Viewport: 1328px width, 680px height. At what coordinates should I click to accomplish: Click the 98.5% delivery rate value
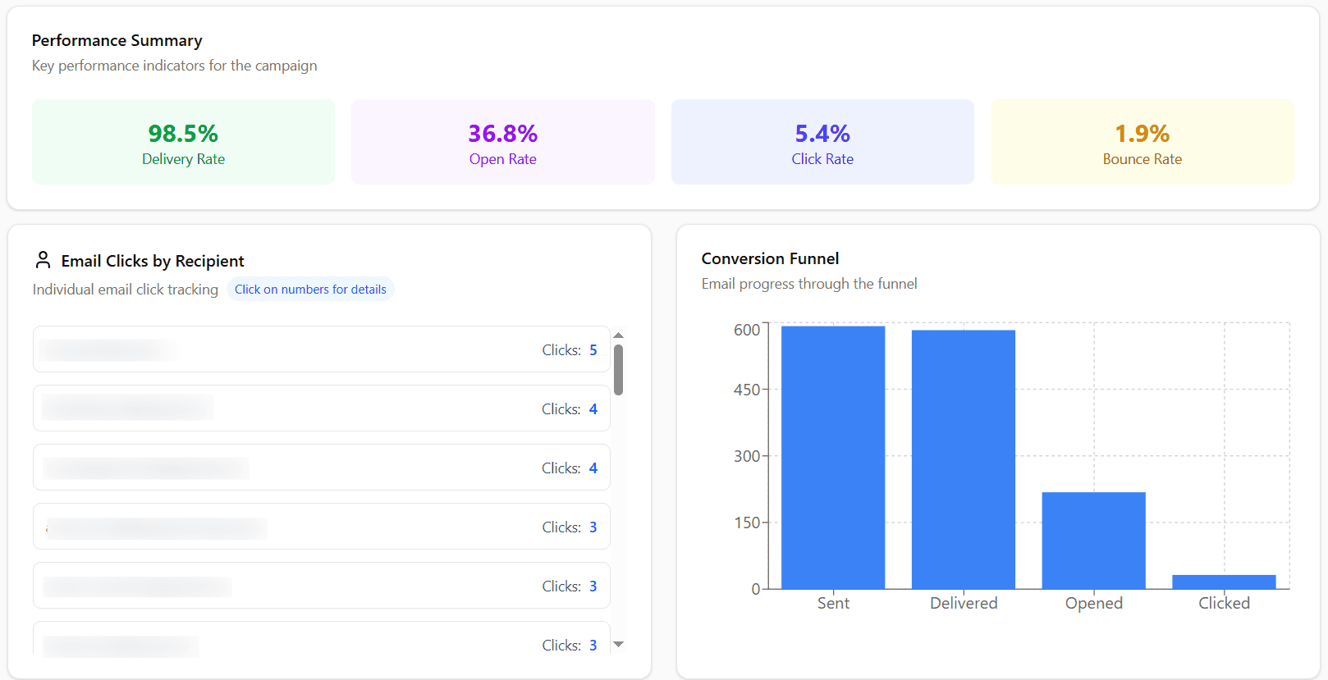(x=183, y=134)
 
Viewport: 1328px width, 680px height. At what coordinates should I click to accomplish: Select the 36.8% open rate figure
(x=502, y=134)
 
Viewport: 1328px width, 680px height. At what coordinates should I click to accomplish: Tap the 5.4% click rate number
(x=822, y=134)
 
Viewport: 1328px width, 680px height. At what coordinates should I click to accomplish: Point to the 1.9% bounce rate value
(x=1142, y=134)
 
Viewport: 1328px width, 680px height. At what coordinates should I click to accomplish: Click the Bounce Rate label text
(x=1142, y=159)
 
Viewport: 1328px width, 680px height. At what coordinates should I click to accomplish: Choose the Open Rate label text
(x=502, y=159)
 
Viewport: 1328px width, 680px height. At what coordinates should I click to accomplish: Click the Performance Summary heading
(x=117, y=40)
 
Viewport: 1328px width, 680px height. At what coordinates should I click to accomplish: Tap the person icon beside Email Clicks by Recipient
(x=44, y=260)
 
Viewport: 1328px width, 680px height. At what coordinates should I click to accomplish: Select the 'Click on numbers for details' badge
(x=310, y=290)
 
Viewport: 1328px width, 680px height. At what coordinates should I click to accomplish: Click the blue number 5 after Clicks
(x=593, y=350)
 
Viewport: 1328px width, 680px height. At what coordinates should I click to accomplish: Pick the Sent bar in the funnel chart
(x=833, y=457)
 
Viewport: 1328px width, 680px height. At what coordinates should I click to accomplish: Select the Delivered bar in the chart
(x=963, y=459)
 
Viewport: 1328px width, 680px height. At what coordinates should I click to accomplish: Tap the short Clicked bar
(x=1224, y=582)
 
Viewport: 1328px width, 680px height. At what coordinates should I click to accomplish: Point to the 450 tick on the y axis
(x=747, y=390)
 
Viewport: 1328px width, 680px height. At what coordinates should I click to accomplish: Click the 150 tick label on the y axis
(x=747, y=523)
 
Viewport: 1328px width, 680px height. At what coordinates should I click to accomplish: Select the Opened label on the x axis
(x=1093, y=603)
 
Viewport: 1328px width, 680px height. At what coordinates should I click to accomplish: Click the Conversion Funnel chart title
(x=770, y=258)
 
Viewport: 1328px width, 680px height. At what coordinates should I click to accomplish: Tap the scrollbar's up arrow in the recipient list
(x=619, y=335)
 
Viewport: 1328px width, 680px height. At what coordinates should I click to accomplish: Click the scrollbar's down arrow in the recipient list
(x=619, y=645)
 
